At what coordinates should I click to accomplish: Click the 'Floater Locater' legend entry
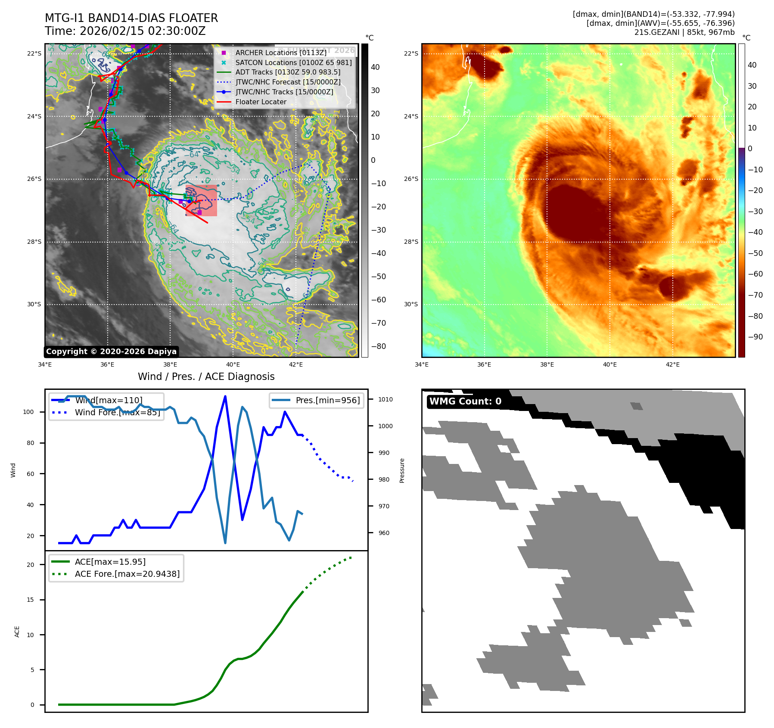coord(261,102)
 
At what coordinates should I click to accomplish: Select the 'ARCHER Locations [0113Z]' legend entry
coord(281,53)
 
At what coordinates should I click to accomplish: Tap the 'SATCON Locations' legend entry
coord(293,62)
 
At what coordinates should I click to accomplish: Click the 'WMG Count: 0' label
coord(465,401)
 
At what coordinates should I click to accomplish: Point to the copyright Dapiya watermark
coord(111,352)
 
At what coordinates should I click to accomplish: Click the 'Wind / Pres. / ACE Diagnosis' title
coord(206,376)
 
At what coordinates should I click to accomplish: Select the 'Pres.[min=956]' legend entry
coord(327,400)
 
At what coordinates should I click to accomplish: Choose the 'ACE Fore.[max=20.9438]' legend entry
coord(127,574)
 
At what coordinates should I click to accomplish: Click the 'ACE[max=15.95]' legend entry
coord(110,562)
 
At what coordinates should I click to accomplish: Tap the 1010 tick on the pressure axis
coord(385,399)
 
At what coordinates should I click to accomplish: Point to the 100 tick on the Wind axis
coord(28,412)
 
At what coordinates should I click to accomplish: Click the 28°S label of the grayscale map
coord(34,242)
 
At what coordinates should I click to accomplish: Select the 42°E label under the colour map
coord(672,364)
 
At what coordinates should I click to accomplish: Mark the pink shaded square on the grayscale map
coord(202,201)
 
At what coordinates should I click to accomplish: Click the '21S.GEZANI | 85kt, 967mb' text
coord(684,32)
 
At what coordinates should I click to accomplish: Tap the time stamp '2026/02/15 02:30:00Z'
coord(143,31)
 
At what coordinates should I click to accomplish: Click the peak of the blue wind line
coord(225,396)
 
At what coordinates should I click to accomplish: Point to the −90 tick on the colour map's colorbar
coord(755,337)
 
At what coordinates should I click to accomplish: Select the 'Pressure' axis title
coord(402,470)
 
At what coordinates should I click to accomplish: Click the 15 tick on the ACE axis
coord(30,600)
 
